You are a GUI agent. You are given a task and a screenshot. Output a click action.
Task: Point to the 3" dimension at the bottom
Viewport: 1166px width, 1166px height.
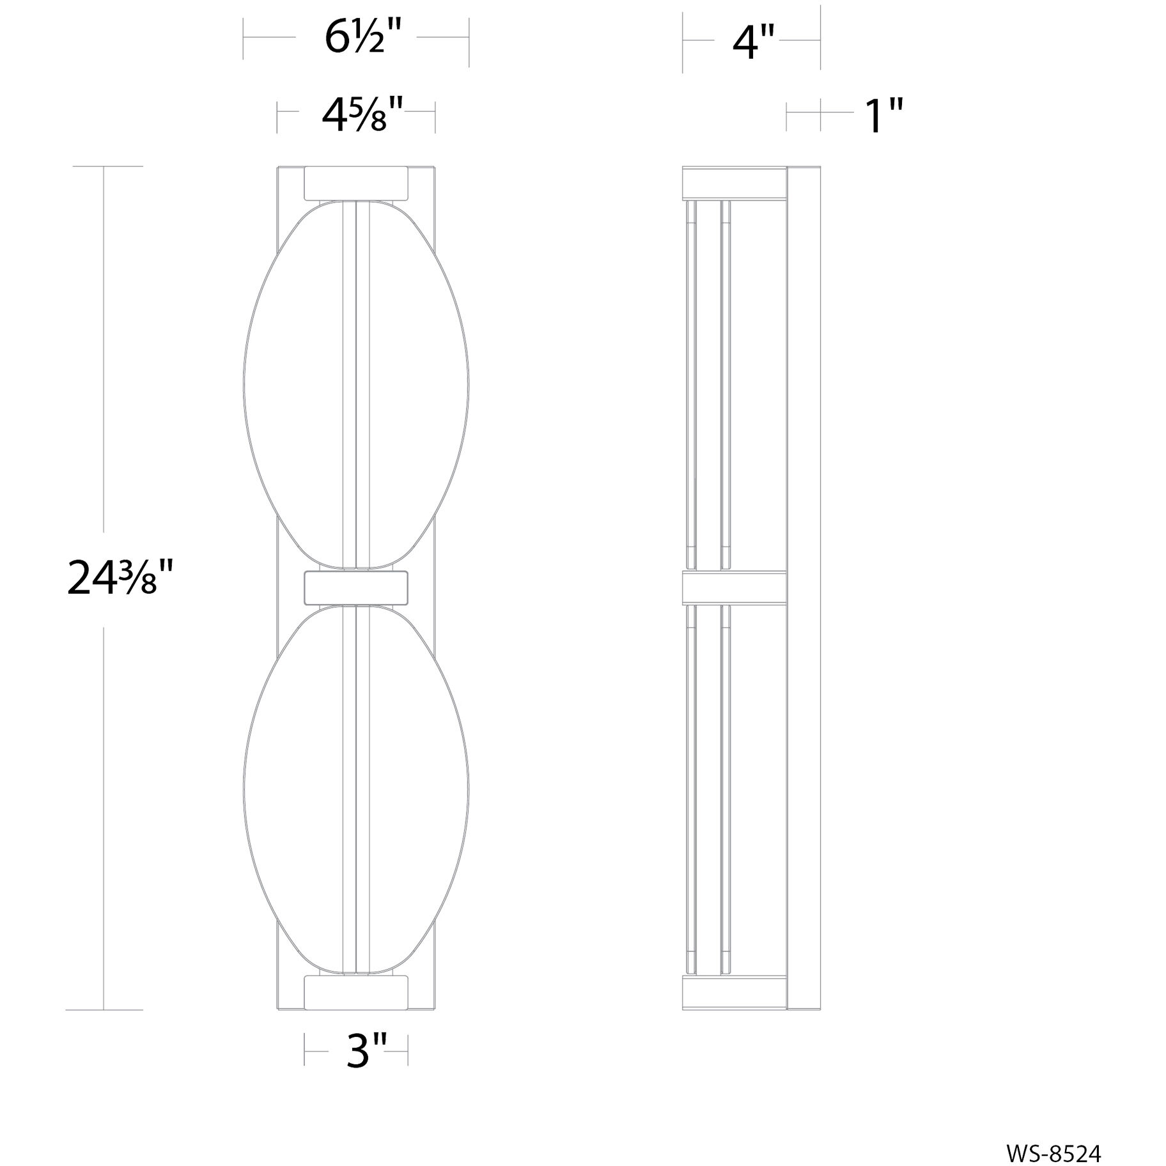coord(366,1050)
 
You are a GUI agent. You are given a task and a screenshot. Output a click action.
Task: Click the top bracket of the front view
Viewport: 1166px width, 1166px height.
coord(356,183)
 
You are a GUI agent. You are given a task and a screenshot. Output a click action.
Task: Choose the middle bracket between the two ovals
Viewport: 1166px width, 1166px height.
coord(356,587)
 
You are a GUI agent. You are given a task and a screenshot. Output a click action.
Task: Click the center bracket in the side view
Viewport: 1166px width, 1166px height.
coord(734,587)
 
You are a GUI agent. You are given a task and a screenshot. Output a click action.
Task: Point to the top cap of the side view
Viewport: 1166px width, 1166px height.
coord(734,182)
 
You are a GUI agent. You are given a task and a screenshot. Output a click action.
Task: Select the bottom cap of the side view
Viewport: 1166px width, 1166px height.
coord(734,992)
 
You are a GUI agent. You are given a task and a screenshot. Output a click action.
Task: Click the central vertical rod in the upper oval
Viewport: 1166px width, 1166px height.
coord(356,384)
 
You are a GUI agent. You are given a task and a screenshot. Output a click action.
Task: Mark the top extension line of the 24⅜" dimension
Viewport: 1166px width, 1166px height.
coord(107,166)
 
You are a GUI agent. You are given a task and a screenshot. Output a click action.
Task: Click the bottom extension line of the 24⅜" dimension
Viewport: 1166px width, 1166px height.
coord(104,1010)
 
